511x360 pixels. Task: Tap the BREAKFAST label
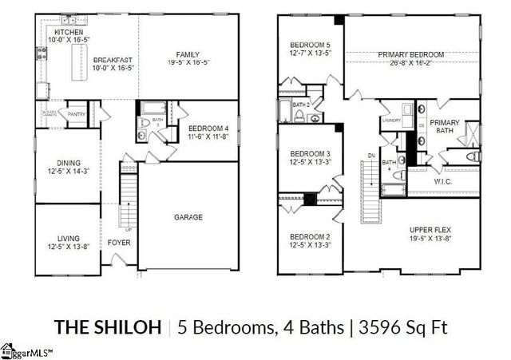point(112,60)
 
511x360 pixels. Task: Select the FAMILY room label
point(188,55)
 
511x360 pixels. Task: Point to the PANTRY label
point(77,114)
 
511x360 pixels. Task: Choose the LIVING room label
point(68,237)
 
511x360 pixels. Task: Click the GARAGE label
point(188,216)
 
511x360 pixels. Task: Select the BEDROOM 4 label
point(209,128)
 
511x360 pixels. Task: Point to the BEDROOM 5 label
point(311,45)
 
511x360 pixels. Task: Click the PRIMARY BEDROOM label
point(410,55)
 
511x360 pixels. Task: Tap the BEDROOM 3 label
point(311,154)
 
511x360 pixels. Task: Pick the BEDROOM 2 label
point(311,237)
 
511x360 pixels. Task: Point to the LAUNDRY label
point(391,121)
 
